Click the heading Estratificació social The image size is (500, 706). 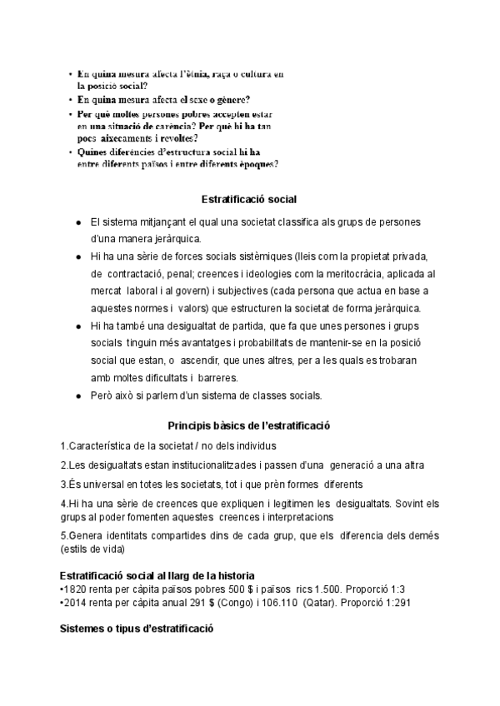click(249, 200)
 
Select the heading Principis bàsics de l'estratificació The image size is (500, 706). click(249, 425)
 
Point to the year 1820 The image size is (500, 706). click(75, 589)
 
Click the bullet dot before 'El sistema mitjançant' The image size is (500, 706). click(77, 223)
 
